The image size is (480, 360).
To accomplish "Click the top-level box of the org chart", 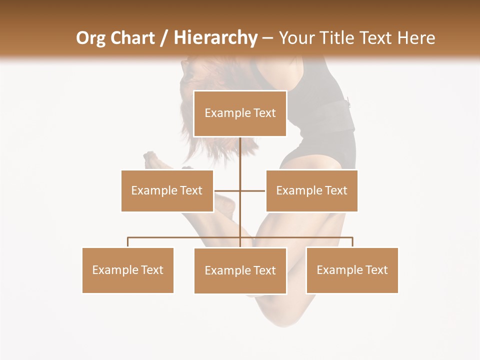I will (240, 113).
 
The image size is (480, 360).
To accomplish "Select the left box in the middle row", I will (167, 190).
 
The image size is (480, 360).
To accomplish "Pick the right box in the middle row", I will (311, 190).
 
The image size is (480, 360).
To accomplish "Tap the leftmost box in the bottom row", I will (128, 270).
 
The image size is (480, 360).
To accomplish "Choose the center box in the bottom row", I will (240, 270).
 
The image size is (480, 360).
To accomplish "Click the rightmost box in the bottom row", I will (352, 270).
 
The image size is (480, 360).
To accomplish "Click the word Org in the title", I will (90, 38).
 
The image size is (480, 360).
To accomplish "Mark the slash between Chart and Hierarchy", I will (163, 38).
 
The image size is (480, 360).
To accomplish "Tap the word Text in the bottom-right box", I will (376, 270).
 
